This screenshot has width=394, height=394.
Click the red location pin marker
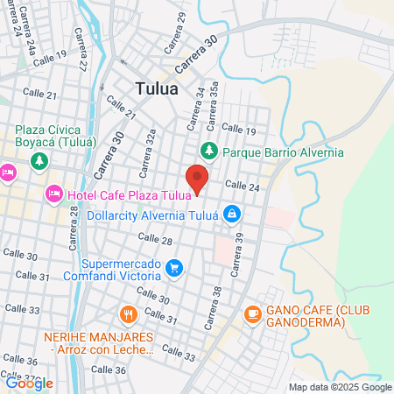[x=199, y=178]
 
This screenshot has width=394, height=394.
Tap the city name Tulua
[x=158, y=88]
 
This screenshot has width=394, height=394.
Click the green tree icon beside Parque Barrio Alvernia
[x=209, y=151]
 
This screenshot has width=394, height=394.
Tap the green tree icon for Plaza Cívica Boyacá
[x=38, y=161]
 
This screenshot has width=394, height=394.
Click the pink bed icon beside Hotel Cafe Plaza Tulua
[x=53, y=193]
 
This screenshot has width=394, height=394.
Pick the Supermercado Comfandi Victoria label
[x=129, y=271]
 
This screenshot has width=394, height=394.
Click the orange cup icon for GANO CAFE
[x=253, y=313]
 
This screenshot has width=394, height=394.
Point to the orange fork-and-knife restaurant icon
[x=129, y=313]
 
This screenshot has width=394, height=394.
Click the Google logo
[x=29, y=383]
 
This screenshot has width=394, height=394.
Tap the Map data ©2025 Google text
[x=341, y=387]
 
